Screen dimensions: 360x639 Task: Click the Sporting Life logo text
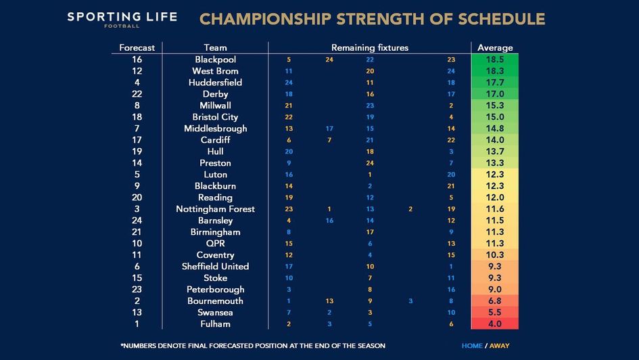click(122, 17)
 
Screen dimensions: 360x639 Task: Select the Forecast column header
click(137, 48)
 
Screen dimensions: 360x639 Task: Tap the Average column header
click(495, 48)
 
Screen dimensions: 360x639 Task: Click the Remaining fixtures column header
click(369, 48)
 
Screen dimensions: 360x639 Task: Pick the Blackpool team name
click(215, 60)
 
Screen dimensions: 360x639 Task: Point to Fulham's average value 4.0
click(495, 323)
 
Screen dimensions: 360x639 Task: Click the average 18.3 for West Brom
click(495, 71)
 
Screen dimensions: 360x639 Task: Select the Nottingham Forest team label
click(215, 209)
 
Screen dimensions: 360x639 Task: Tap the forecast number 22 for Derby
click(137, 94)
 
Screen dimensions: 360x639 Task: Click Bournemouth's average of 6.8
click(495, 300)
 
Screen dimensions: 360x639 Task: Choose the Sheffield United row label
click(215, 266)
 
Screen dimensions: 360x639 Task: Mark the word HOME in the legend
click(472, 346)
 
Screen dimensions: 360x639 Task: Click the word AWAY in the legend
click(499, 346)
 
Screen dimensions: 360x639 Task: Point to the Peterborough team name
click(215, 289)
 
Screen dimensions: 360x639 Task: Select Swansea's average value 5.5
click(495, 312)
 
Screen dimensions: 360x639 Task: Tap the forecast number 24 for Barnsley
click(137, 220)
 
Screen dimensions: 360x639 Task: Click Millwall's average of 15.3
click(495, 106)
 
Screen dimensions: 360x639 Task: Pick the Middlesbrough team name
click(215, 129)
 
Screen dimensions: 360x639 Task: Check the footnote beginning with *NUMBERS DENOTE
click(252, 346)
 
